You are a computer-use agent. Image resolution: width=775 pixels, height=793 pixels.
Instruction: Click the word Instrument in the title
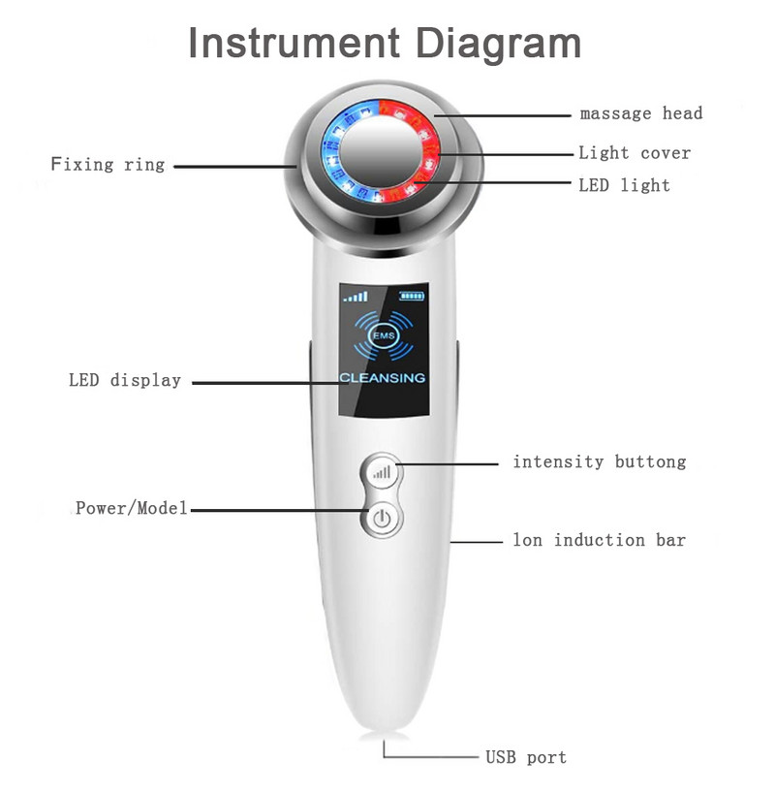click(293, 44)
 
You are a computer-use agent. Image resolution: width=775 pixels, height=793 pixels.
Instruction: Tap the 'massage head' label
click(641, 113)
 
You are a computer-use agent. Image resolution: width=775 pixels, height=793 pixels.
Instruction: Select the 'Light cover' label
click(635, 152)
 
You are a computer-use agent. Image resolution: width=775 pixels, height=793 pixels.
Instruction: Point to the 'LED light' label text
click(624, 184)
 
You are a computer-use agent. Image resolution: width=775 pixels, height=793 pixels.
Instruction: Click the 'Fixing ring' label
click(108, 164)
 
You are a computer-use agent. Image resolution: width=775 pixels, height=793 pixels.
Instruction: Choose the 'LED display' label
click(125, 380)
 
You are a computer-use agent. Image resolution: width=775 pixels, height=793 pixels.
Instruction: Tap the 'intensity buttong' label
click(599, 461)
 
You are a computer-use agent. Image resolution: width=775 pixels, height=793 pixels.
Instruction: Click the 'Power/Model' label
click(131, 508)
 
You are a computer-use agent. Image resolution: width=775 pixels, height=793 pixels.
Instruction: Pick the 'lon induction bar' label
click(599, 540)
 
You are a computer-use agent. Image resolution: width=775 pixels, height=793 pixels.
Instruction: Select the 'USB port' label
click(526, 756)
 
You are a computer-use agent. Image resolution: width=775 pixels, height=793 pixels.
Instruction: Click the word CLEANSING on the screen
click(382, 377)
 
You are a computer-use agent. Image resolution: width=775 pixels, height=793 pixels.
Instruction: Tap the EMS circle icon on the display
click(382, 335)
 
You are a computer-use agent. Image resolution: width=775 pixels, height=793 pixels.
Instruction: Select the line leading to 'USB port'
click(436, 755)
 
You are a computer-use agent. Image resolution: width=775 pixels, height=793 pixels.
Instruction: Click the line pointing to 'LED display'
click(263, 382)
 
